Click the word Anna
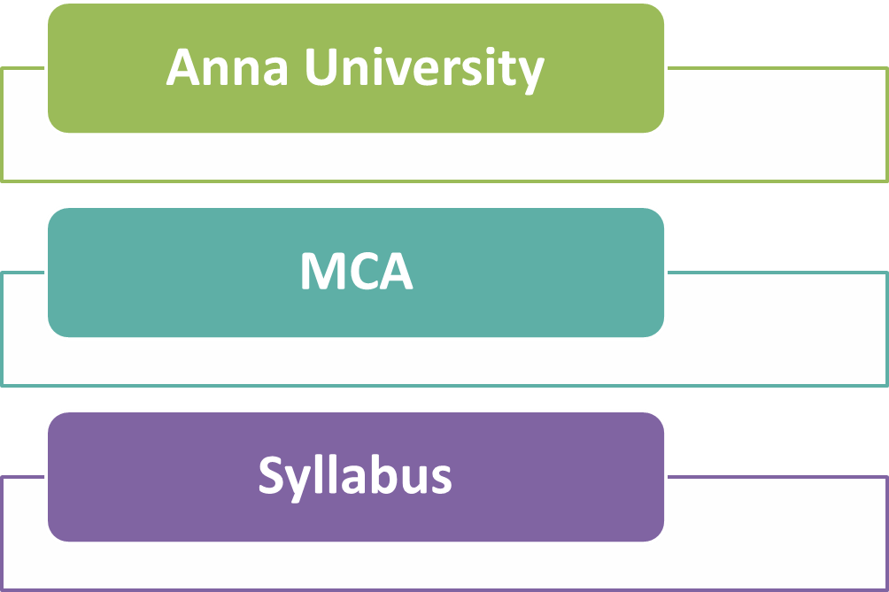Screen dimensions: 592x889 pos(227,67)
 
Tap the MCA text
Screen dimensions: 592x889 pos(356,272)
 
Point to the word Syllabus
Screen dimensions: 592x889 pos(355,476)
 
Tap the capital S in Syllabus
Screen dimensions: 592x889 pos(271,475)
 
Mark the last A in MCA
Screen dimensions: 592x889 pos(396,272)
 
